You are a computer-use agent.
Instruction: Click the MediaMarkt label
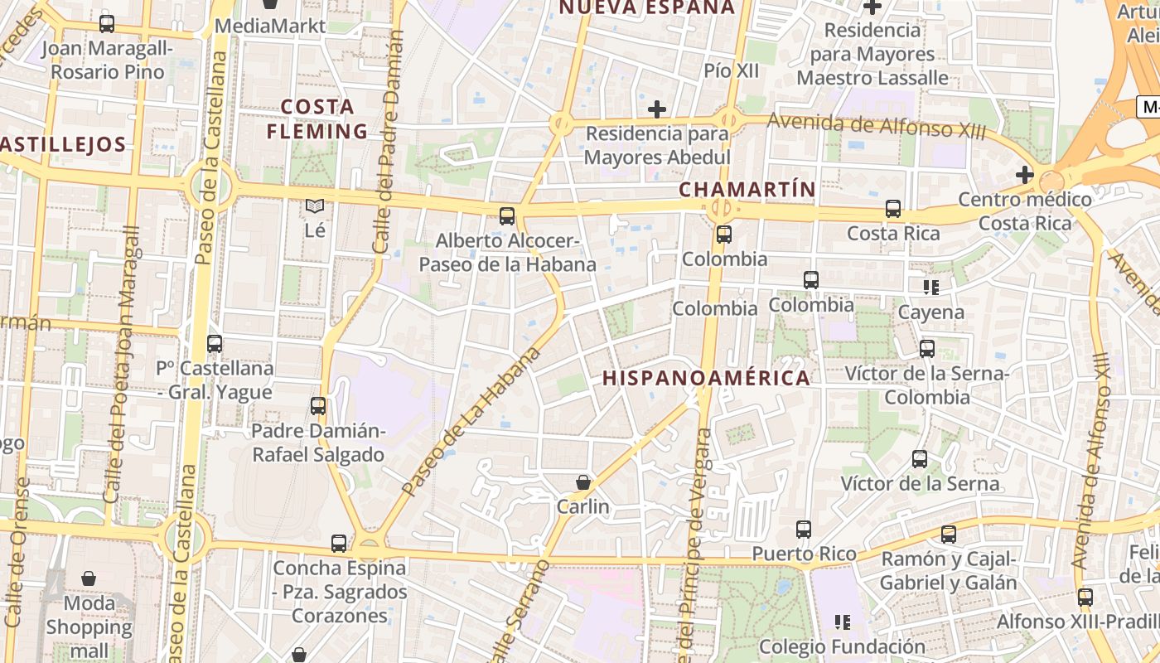pyautogui.click(x=270, y=26)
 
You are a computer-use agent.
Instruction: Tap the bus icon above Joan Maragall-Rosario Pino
pyautogui.click(x=106, y=23)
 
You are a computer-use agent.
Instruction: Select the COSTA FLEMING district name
pyautogui.click(x=317, y=119)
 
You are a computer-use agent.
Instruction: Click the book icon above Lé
pyautogui.click(x=315, y=206)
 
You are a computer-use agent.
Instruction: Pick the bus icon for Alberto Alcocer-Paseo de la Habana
pyautogui.click(x=507, y=216)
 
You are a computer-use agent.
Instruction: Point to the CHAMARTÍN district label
pyautogui.click(x=747, y=189)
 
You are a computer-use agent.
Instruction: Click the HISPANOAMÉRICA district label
pyautogui.click(x=706, y=379)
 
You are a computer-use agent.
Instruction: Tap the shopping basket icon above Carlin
pyautogui.click(x=583, y=482)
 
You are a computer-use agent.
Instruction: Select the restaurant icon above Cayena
pyautogui.click(x=931, y=288)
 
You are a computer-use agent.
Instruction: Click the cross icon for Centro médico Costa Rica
pyautogui.click(x=1025, y=175)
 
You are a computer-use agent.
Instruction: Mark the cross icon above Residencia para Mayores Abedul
pyautogui.click(x=657, y=109)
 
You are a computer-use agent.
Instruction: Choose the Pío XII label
pyautogui.click(x=731, y=71)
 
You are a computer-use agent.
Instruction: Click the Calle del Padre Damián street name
pyautogui.click(x=388, y=141)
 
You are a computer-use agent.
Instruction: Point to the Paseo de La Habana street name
pyautogui.click(x=471, y=423)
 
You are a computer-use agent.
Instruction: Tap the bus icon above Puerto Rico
pyautogui.click(x=803, y=529)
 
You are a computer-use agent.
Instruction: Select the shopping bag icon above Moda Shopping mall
pyautogui.click(x=89, y=578)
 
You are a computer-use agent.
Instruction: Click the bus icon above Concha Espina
pyautogui.click(x=339, y=544)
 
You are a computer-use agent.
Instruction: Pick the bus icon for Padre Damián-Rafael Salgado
pyautogui.click(x=318, y=406)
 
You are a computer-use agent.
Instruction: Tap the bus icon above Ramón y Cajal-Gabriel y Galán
pyautogui.click(x=949, y=535)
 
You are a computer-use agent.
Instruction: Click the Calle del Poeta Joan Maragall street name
pyautogui.click(x=121, y=365)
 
